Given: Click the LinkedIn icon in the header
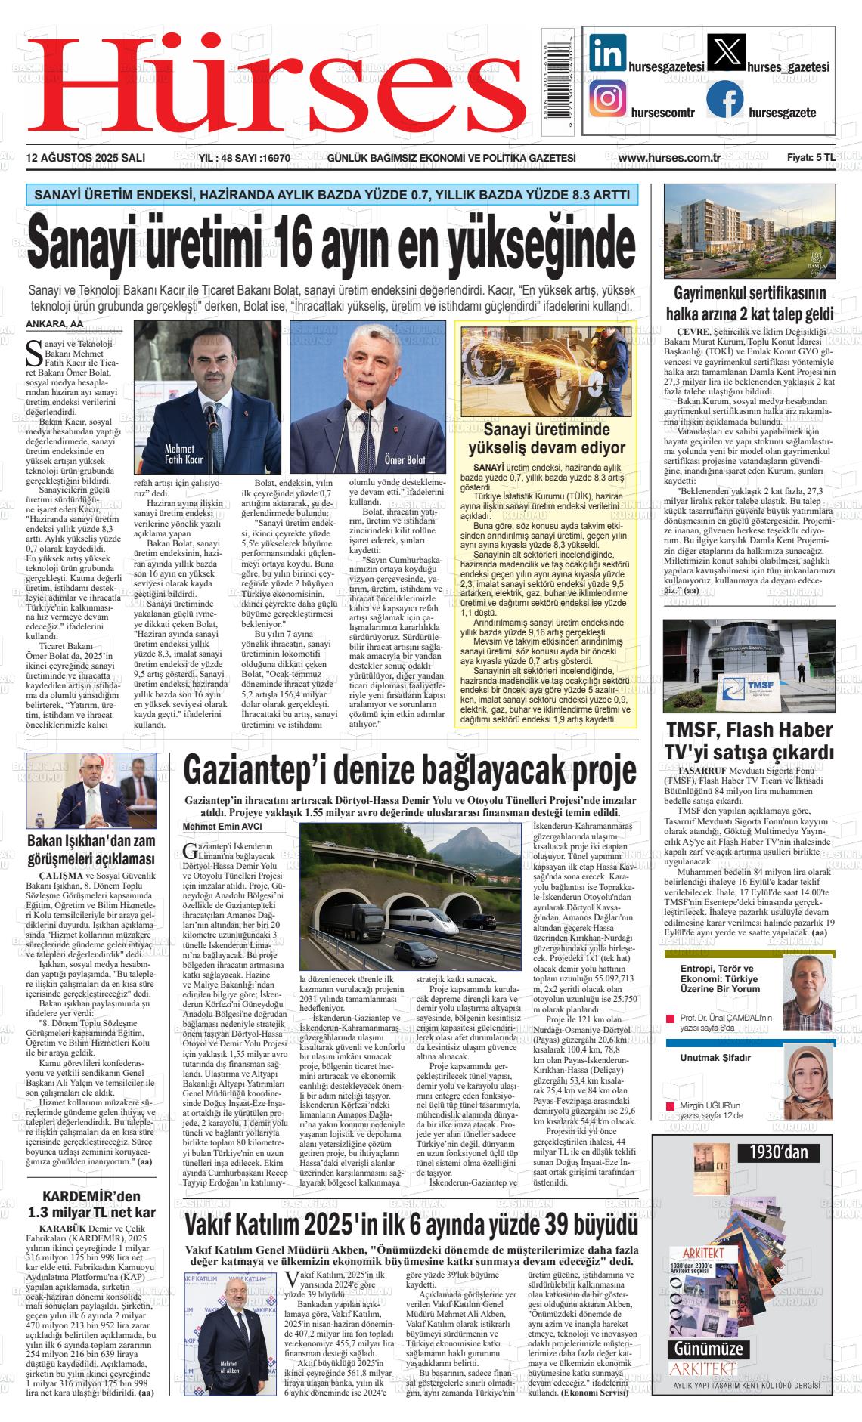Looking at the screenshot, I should pyautogui.click(x=609, y=54).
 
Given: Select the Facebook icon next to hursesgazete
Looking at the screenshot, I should pyautogui.click(x=725, y=100).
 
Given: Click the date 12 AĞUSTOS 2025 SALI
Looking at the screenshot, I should pyautogui.click(x=85, y=158).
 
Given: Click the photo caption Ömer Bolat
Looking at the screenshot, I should pyautogui.click(x=405, y=459).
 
